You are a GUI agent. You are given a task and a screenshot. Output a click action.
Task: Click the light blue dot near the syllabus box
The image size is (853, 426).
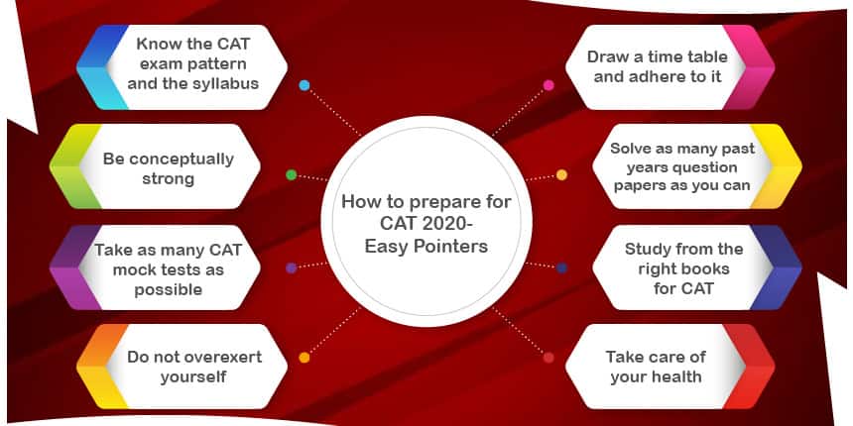[305, 85]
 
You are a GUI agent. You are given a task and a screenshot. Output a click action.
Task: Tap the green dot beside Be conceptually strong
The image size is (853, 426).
[292, 175]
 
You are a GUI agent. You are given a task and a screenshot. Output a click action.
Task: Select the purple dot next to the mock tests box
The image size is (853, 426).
[291, 267]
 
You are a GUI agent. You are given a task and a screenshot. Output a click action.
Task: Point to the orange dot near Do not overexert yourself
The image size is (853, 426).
[305, 358]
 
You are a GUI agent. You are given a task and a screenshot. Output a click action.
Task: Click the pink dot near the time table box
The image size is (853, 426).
[548, 85]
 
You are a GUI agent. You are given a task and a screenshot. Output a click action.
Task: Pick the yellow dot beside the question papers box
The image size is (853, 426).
[562, 175]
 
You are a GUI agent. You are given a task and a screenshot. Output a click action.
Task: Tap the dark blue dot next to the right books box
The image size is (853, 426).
[562, 267]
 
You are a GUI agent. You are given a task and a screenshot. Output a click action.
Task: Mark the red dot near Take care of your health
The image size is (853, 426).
[548, 358]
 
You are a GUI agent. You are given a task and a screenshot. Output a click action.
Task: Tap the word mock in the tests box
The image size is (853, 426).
[133, 269]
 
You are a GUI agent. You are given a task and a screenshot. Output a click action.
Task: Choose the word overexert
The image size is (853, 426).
[222, 357]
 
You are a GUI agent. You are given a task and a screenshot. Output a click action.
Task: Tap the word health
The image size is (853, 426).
[677, 377]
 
